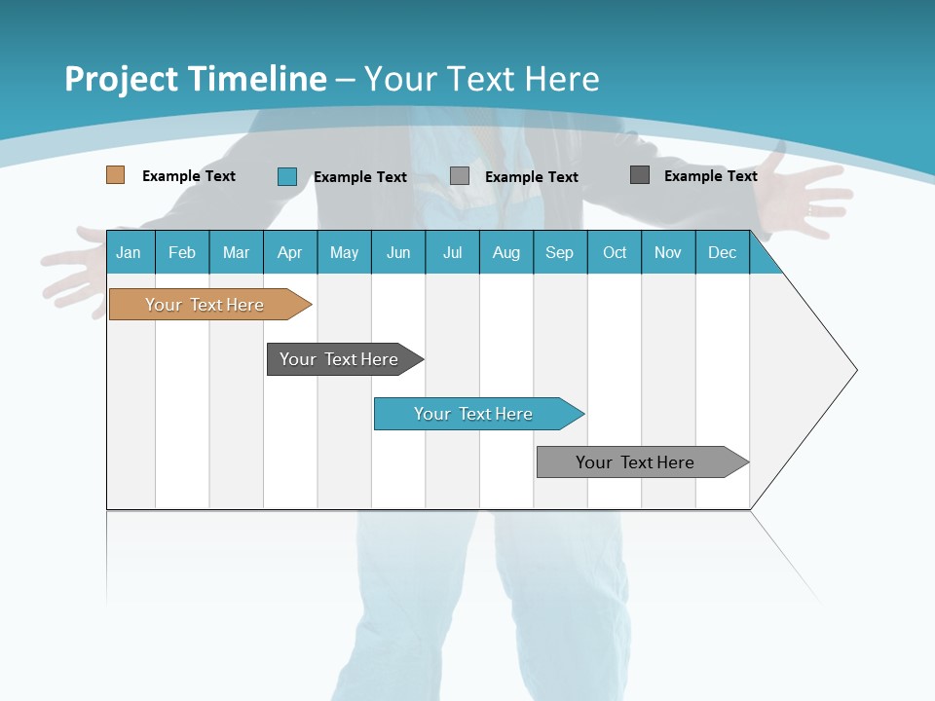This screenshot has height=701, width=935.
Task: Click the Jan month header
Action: pyautogui.click(x=129, y=252)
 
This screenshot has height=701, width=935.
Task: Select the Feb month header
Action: pyautogui.click(x=182, y=252)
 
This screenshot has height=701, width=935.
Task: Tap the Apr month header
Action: pyautogui.click(x=289, y=252)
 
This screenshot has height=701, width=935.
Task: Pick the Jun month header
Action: pyautogui.click(x=398, y=252)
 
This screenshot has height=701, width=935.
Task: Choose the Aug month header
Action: pyautogui.click(x=505, y=252)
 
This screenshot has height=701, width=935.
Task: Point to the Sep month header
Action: pyautogui.click(x=559, y=252)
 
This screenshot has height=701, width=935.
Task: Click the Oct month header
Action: pyautogui.click(x=615, y=252)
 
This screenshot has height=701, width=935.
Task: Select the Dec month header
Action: pyautogui.click(x=722, y=252)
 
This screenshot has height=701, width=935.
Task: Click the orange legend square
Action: pyautogui.click(x=115, y=175)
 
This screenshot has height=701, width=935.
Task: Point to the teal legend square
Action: pyautogui.click(x=287, y=176)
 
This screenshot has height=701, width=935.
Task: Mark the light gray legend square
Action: pyautogui.click(x=460, y=176)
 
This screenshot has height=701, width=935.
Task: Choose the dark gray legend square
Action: pyautogui.click(x=640, y=175)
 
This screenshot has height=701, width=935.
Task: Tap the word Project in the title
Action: pyautogui.click(x=119, y=79)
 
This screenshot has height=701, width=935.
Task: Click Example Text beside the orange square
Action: pyautogui.click(x=189, y=176)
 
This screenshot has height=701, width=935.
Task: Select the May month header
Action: pyautogui.click(x=344, y=252)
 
